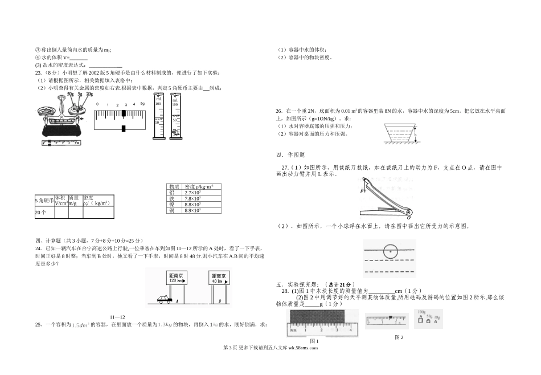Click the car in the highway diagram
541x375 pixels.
tap(163, 299)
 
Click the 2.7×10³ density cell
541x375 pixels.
tap(202, 193)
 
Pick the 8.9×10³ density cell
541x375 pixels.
tap(202, 210)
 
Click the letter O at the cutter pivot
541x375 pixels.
tap(409, 217)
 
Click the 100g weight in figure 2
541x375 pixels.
tap(421, 319)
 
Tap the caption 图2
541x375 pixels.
tap(399, 337)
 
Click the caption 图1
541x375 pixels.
tap(321, 340)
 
